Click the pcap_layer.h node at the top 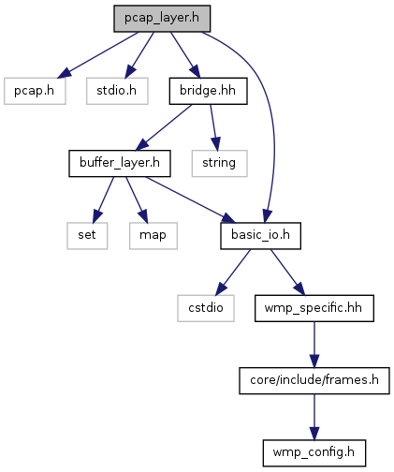[162, 19]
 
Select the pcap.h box [35, 91]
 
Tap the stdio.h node [117, 91]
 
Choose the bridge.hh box [208, 91]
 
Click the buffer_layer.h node [120, 163]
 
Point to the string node [219, 163]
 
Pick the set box [87, 236]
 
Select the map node [153, 236]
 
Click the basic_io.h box [260, 236]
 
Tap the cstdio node [206, 308]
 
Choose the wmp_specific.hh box [314, 308]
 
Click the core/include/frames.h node [314, 380]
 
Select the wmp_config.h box [314, 453]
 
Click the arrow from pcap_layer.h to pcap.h [97, 54]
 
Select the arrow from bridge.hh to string [213, 127]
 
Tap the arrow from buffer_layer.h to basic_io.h [190, 199]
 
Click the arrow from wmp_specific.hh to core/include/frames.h [314, 345]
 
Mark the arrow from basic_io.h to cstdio [233, 272]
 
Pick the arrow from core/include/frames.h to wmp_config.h [314, 417]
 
